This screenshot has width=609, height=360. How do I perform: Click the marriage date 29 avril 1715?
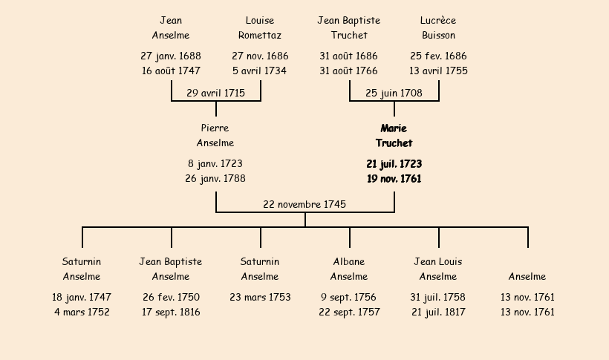[215, 94]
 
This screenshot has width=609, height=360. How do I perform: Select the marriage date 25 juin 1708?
[394, 94]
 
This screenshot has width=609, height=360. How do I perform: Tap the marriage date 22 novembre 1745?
[304, 204]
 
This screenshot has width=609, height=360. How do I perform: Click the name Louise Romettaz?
[260, 27]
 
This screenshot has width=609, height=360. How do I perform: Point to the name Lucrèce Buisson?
[438, 27]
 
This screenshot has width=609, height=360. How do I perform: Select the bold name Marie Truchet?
[394, 136]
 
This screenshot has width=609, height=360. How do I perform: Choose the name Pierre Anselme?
[215, 135]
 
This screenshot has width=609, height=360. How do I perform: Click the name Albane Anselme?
[349, 269]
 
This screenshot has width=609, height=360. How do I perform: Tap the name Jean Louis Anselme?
[438, 269]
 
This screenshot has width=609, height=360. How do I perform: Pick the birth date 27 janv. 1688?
[171, 56]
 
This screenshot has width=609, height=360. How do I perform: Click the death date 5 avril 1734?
[259, 71]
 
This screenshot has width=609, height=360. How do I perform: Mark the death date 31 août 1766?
[348, 71]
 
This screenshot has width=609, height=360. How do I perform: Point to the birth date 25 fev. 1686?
[438, 56]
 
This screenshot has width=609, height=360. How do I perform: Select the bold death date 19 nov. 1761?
[394, 179]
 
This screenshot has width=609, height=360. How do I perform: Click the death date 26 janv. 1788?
[215, 179]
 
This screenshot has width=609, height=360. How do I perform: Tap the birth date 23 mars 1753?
[260, 297]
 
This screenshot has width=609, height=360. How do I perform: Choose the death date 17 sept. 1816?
[171, 312]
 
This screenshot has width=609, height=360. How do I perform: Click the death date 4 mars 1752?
[82, 312]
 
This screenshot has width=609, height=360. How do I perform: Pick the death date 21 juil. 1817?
[438, 312]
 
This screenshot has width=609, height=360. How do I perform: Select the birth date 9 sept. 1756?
[348, 297]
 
